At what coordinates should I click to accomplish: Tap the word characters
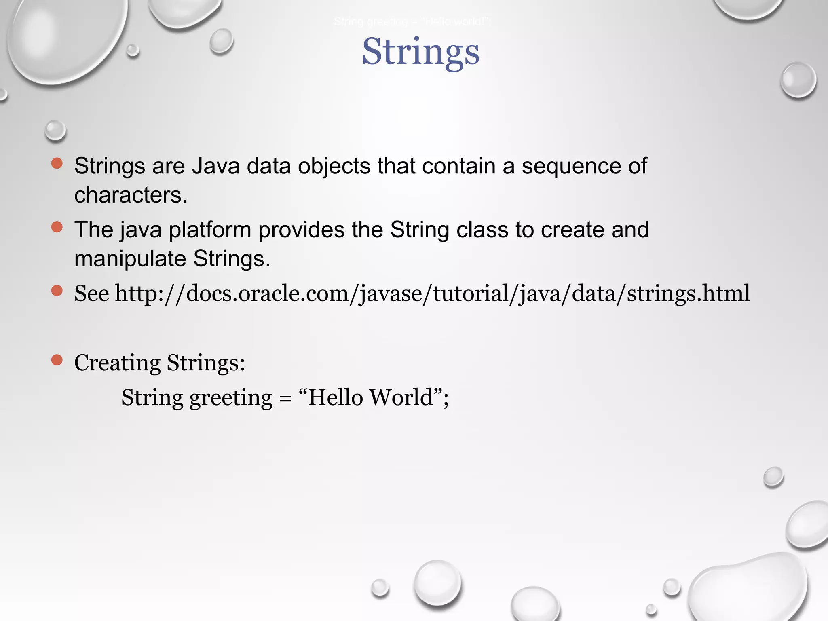click(x=131, y=195)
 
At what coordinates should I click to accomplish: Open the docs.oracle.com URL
click(x=432, y=294)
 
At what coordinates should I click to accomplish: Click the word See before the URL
click(x=91, y=294)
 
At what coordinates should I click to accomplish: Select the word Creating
click(x=117, y=363)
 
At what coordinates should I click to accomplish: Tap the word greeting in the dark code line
click(x=231, y=398)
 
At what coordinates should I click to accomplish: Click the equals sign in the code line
click(x=285, y=399)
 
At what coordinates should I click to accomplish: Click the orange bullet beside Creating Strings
click(x=57, y=360)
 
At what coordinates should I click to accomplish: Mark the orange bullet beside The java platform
click(x=57, y=227)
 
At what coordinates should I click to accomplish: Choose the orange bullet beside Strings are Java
click(x=57, y=163)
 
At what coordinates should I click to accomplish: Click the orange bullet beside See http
click(x=57, y=290)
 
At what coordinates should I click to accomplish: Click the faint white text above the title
click(x=412, y=22)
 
